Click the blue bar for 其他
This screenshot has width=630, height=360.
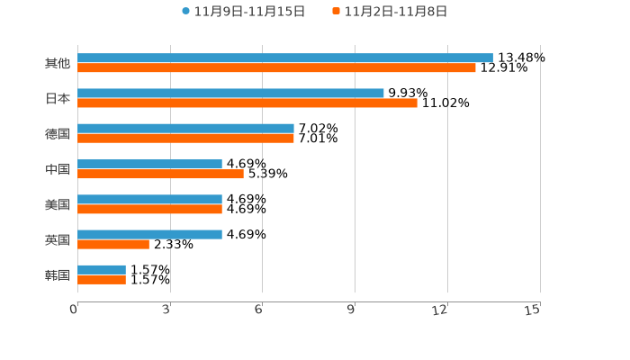pyautogui.click(x=284, y=58)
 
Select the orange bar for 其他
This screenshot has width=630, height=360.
pyautogui.click(x=276, y=67)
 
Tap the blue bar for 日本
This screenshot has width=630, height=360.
pyautogui.click(x=230, y=93)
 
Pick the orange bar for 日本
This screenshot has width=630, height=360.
pyautogui.click(x=247, y=103)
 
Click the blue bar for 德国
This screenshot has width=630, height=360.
pyautogui.click(x=185, y=128)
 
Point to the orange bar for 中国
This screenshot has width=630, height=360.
pyautogui.click(x=160, y=174)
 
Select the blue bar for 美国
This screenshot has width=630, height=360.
pyautogui.click(x=149, y=199)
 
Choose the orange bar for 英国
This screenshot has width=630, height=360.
pyautogui.click(x=113, y=244)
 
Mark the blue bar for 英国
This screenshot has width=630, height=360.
pyautogui.click(x=149, y=234)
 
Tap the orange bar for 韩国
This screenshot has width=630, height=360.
pyautogui.click(x=102, y=279)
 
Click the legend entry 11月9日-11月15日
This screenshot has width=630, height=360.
pyautogui.click(x=243, y=12)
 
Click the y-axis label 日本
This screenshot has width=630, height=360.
pyautogui.click(x=58, y=98)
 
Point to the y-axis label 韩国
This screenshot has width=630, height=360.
pyautogui.click(x=58, y=274)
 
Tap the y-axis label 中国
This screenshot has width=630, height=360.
pyautogui.click(x=58, y=169)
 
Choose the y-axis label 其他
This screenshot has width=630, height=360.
pyautogui.click(x=58, y=63)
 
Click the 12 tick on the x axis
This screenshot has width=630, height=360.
pyautogui.click(x=440, y=310)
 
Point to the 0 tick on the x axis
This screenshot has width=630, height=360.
pyautogui.click(x=74, y=310)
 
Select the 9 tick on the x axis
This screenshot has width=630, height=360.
pyautogui.click(x=351, y=310)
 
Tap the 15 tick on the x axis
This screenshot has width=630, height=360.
pyautogui.click(x=533, y=310)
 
